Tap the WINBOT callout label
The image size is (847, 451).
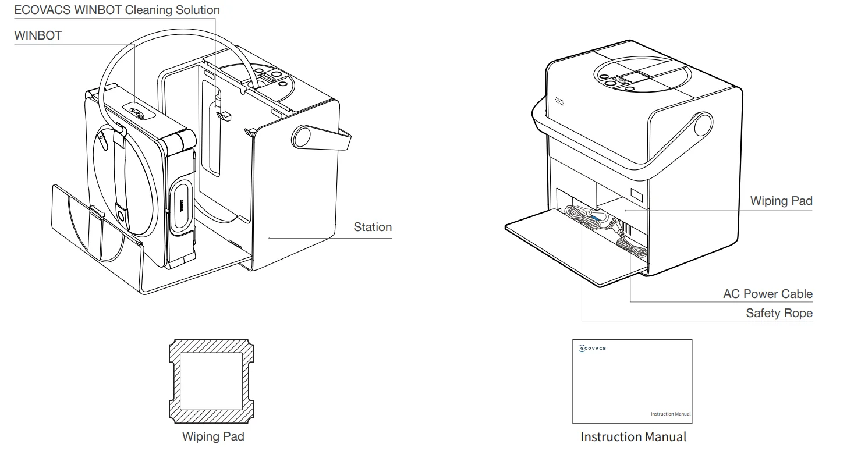(x=38, y=36)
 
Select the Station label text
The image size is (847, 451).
(x=373, y=227)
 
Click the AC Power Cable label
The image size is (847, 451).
(x=768, y=294)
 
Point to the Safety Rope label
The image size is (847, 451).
(x=779, y=314)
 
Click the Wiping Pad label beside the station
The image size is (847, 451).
(x=781, y=201)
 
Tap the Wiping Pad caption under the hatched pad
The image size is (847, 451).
(x=213, y=436)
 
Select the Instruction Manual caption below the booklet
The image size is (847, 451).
(x=633, y=436)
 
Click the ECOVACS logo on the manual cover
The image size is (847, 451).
(x=593, y=348)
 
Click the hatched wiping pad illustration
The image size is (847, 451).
(x=211, y=381)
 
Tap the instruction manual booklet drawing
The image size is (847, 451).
(x=632, y=381)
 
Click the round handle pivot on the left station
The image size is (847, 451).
(x=302, y=135)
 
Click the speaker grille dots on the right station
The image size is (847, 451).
(x=559, y=102)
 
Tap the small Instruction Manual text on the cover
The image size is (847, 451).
(x=671, y=414)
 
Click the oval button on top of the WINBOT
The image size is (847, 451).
(x=137, y=113)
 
